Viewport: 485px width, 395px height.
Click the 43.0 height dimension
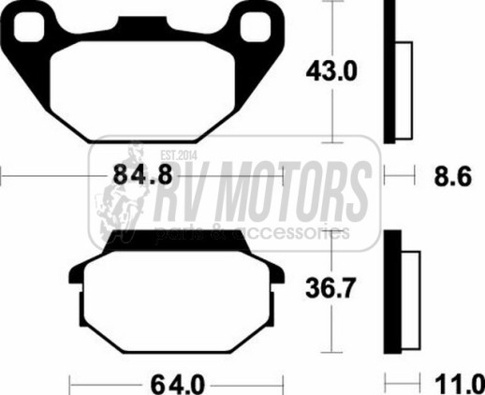pyautogui.click(x=331, y=71)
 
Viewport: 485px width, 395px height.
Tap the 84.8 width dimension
pyautogui.click(x=142, y=175)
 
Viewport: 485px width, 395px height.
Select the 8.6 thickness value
pyautogui.click(x=453, y=177)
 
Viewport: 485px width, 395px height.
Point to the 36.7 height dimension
pyautogui.click(x=331, y=288)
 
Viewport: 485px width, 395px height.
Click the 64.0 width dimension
pyautogui.click(x=178, y=385)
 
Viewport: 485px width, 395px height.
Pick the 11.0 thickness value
pyautogui.click(x=460, y=385)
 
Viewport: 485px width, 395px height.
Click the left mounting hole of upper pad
pyautogui.click(x=28, y=27)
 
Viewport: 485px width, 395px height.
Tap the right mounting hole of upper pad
pyautogui.click(x=256, y=27)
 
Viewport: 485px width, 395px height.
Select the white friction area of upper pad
pyautogui.click(x=142, y=91)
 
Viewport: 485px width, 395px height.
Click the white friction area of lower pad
pyautogui.click(x=177, y=301)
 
